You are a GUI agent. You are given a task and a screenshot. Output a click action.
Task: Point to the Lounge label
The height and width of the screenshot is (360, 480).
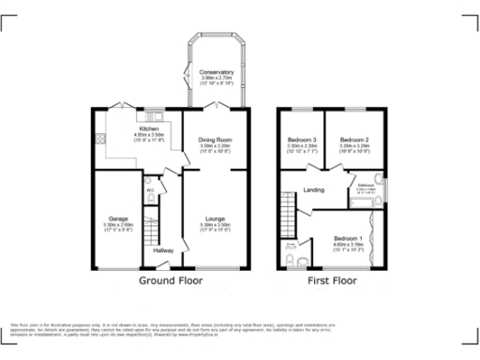(215, 218)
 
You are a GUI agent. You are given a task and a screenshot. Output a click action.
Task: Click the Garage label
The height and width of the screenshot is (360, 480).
(118, 218)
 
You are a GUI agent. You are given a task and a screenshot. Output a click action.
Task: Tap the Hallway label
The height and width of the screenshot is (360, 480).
(162, 251)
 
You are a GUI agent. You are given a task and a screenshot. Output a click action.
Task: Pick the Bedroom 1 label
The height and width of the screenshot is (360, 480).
(347, 239)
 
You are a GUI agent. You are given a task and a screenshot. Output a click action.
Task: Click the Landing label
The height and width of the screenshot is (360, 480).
(314, 191)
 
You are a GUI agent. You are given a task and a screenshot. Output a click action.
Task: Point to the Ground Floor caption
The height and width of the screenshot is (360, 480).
(171, 280)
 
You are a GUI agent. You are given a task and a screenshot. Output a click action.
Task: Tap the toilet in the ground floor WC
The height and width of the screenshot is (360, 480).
(150, 197)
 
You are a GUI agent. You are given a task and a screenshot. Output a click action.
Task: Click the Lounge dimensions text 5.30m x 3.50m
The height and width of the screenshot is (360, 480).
(215, 225)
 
